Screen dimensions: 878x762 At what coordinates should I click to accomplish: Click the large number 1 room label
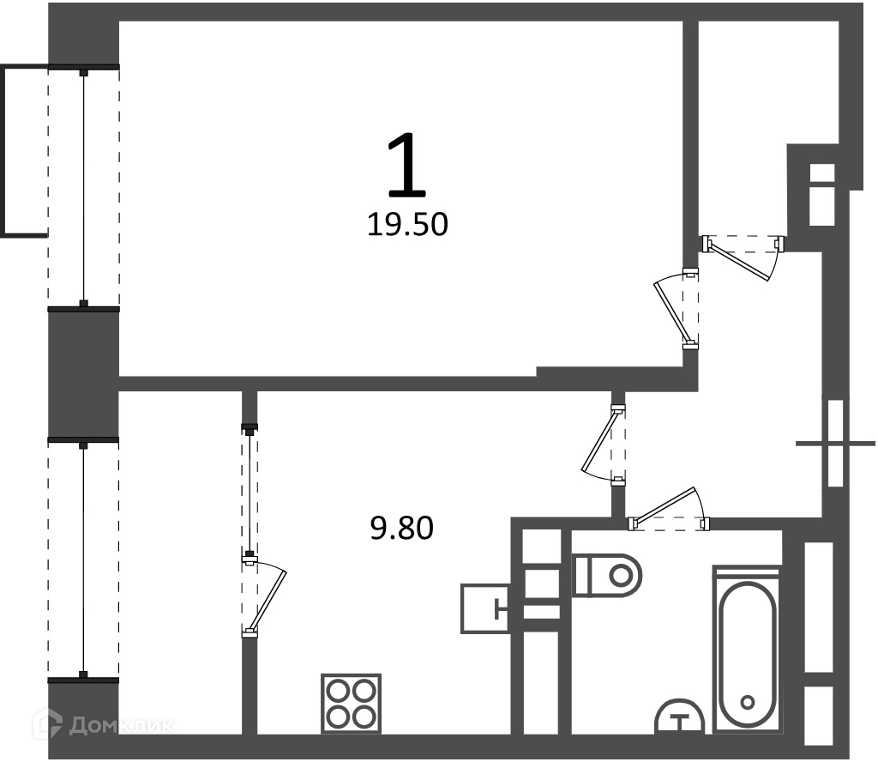pos(407,166)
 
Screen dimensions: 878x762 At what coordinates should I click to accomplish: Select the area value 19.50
pos(407,225)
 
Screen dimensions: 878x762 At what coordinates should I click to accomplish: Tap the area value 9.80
pos(402,529)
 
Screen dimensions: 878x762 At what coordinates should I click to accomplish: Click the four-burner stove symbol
pos(351,703)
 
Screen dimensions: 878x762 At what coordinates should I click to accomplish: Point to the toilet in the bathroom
pos(606,576)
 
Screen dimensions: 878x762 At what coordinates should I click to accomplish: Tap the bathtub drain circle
pos(747,702)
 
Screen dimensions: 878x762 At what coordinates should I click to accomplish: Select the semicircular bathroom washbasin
pos(680,716)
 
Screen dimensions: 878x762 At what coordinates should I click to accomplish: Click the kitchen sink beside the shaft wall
pos(484,608)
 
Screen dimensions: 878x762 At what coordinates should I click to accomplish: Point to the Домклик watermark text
pos(121,726)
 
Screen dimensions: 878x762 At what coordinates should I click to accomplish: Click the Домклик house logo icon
pos(48,723)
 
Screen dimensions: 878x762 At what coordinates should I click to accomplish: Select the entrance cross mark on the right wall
pos(835,444)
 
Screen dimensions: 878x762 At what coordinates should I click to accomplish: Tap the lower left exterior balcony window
pos(83,560)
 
